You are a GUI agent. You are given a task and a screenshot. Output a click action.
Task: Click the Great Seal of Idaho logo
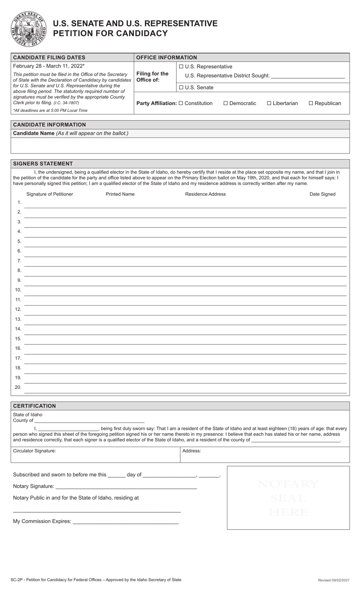click(28, 29)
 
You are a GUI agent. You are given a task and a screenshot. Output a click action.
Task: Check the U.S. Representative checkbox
click(181, 67)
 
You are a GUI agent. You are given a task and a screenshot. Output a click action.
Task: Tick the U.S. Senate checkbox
click(181, 88)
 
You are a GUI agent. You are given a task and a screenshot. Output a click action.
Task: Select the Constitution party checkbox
click(181, 103)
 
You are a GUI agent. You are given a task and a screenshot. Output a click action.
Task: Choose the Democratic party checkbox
click(225, 103)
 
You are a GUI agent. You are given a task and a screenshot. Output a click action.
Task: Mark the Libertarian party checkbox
click(269, 103)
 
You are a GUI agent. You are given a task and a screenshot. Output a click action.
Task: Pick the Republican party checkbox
click(311, 103)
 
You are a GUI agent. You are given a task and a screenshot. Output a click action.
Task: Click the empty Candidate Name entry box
click(180, 145)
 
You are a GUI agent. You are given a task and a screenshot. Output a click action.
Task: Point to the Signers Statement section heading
click(43, 164)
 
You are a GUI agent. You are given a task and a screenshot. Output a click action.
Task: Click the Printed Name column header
click(120, 194)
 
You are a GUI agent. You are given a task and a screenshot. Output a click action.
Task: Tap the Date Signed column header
click(322, 194)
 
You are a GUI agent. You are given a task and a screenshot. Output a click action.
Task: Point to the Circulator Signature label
click(34, 451)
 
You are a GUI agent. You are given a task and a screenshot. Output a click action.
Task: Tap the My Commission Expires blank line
click(125, 521)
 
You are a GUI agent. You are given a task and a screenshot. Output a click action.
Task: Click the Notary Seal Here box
click(288, 498)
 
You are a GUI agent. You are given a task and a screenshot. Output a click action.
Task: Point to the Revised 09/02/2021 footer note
click(333, 580)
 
